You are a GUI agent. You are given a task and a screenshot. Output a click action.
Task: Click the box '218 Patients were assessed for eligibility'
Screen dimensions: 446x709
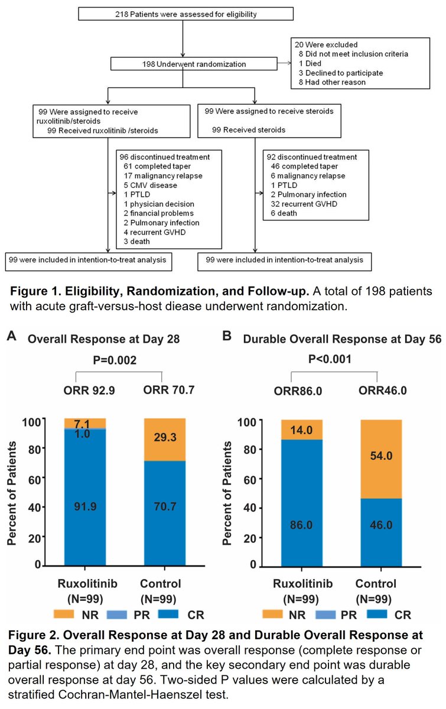click(186, 14)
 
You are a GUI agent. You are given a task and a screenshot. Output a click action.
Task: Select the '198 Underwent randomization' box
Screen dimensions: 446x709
click(194, 64)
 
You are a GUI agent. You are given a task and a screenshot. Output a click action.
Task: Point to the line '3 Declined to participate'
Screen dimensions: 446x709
click(341, 73)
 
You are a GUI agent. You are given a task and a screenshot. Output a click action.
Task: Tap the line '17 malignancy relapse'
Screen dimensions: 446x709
click(162, 175)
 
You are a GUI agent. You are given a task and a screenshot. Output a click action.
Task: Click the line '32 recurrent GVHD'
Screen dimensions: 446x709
click(304, 204)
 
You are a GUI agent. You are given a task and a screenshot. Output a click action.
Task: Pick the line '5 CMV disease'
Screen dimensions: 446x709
click(150, 185)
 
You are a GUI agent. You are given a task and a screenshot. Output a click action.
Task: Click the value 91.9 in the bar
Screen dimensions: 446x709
click(85, 506)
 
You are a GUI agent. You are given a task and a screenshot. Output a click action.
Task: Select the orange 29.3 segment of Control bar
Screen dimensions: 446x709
click(165, 440)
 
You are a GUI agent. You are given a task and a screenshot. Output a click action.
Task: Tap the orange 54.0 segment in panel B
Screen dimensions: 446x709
click(381, 459)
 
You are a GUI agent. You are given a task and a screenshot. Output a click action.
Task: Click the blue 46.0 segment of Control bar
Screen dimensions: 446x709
click(381, 532)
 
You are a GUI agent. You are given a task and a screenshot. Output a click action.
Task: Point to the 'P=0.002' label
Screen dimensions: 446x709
click(115, 360)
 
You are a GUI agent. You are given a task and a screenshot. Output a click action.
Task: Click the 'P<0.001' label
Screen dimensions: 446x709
click(330, 359)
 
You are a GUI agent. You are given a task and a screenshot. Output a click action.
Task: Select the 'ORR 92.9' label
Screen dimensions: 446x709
click(89, 391)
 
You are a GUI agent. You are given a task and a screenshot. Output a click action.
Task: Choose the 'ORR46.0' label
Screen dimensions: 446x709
click(382, 391)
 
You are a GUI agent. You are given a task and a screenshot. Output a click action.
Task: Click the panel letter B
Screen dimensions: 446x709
click(227, 336)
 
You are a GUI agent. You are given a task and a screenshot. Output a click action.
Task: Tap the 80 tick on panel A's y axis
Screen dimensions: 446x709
click(34, 449)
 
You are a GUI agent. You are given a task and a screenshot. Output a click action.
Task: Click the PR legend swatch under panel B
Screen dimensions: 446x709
click(325, 614)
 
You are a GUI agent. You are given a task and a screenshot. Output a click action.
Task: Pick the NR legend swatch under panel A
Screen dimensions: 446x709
click(64, 614)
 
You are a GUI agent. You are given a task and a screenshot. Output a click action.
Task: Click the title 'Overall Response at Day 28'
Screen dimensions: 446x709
click(103, 339)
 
